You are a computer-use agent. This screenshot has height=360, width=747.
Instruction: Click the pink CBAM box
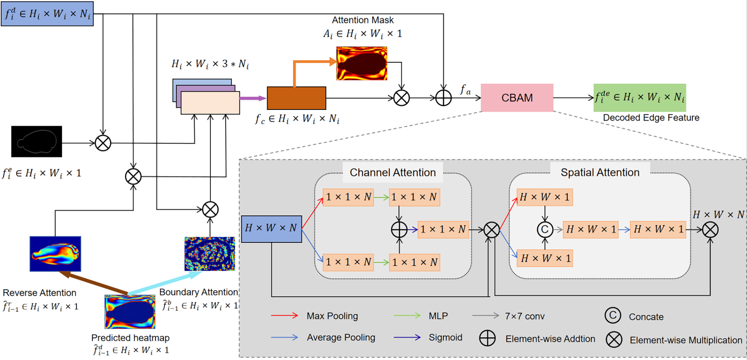517,98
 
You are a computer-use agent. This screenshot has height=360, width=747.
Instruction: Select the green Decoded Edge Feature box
640,98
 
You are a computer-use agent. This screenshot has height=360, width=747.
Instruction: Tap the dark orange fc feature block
296,98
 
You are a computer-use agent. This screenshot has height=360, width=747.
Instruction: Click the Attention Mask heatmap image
362,63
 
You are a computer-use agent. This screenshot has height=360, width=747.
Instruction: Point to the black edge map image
37,141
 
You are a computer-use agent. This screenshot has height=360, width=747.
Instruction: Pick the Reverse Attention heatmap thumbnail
55,254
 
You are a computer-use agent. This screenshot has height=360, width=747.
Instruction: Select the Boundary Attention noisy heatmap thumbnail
210,254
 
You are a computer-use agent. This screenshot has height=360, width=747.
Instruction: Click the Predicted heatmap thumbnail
130,312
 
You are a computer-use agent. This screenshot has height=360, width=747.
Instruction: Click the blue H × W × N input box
271,229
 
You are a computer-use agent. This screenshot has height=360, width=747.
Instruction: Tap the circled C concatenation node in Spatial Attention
545,229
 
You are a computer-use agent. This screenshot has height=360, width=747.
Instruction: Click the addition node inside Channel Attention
399,229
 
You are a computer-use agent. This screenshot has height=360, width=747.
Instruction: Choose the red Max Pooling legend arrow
284,316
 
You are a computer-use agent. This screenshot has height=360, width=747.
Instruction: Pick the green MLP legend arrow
407,316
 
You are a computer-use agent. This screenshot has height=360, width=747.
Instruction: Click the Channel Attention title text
392,173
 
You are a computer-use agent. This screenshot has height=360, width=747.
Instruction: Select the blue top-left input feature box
47,14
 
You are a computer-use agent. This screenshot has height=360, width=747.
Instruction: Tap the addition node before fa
443,98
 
